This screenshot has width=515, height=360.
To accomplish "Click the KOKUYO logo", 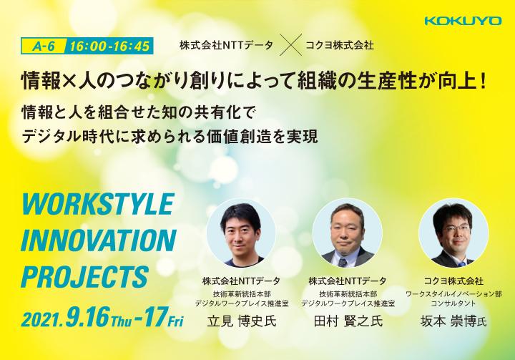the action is (x=463, y=21).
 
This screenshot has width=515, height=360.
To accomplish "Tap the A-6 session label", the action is (x=44, y=47).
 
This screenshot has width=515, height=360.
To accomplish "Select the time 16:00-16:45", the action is (x=109, y=47).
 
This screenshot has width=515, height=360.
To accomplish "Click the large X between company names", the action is (x=290, y=45).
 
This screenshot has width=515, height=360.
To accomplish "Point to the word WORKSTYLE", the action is (x=98, y=204).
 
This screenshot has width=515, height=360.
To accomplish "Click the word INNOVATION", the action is (x=99, y=240).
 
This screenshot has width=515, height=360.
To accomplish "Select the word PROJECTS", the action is (x=85, y=277).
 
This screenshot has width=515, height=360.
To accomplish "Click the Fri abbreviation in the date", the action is (x=175, y=321).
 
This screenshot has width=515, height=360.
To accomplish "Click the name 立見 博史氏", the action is (x=242, y=321).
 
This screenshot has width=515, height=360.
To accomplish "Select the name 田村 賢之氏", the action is (x=348, y=321).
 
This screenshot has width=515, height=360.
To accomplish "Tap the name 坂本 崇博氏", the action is (x=453, y=321).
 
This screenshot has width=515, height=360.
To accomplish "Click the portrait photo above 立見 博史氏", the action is (x=242, y=232).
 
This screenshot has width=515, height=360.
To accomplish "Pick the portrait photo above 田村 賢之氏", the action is (x=348, y=232).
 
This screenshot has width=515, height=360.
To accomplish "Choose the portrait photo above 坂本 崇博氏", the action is (x=453, y=232).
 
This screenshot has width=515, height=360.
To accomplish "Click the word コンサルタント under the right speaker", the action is (x=453, y=303).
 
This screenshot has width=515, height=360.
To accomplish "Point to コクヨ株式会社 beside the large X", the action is (x=340, y=45).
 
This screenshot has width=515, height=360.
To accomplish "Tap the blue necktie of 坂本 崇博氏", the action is (x=462, y=263).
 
